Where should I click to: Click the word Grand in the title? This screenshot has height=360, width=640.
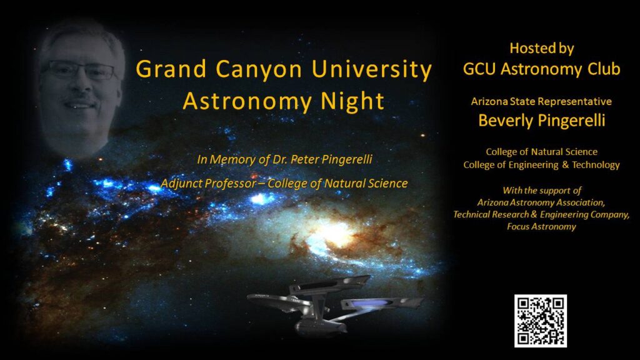point(171,69)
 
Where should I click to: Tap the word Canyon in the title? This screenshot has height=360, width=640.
point(259,70)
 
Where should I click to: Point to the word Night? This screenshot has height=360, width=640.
point(352,102)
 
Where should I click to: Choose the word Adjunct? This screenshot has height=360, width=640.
point(181,184)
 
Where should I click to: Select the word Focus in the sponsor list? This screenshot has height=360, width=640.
point(517,226)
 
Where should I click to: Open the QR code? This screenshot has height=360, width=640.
point(541,321)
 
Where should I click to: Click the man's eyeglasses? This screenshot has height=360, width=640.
point(81,70)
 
